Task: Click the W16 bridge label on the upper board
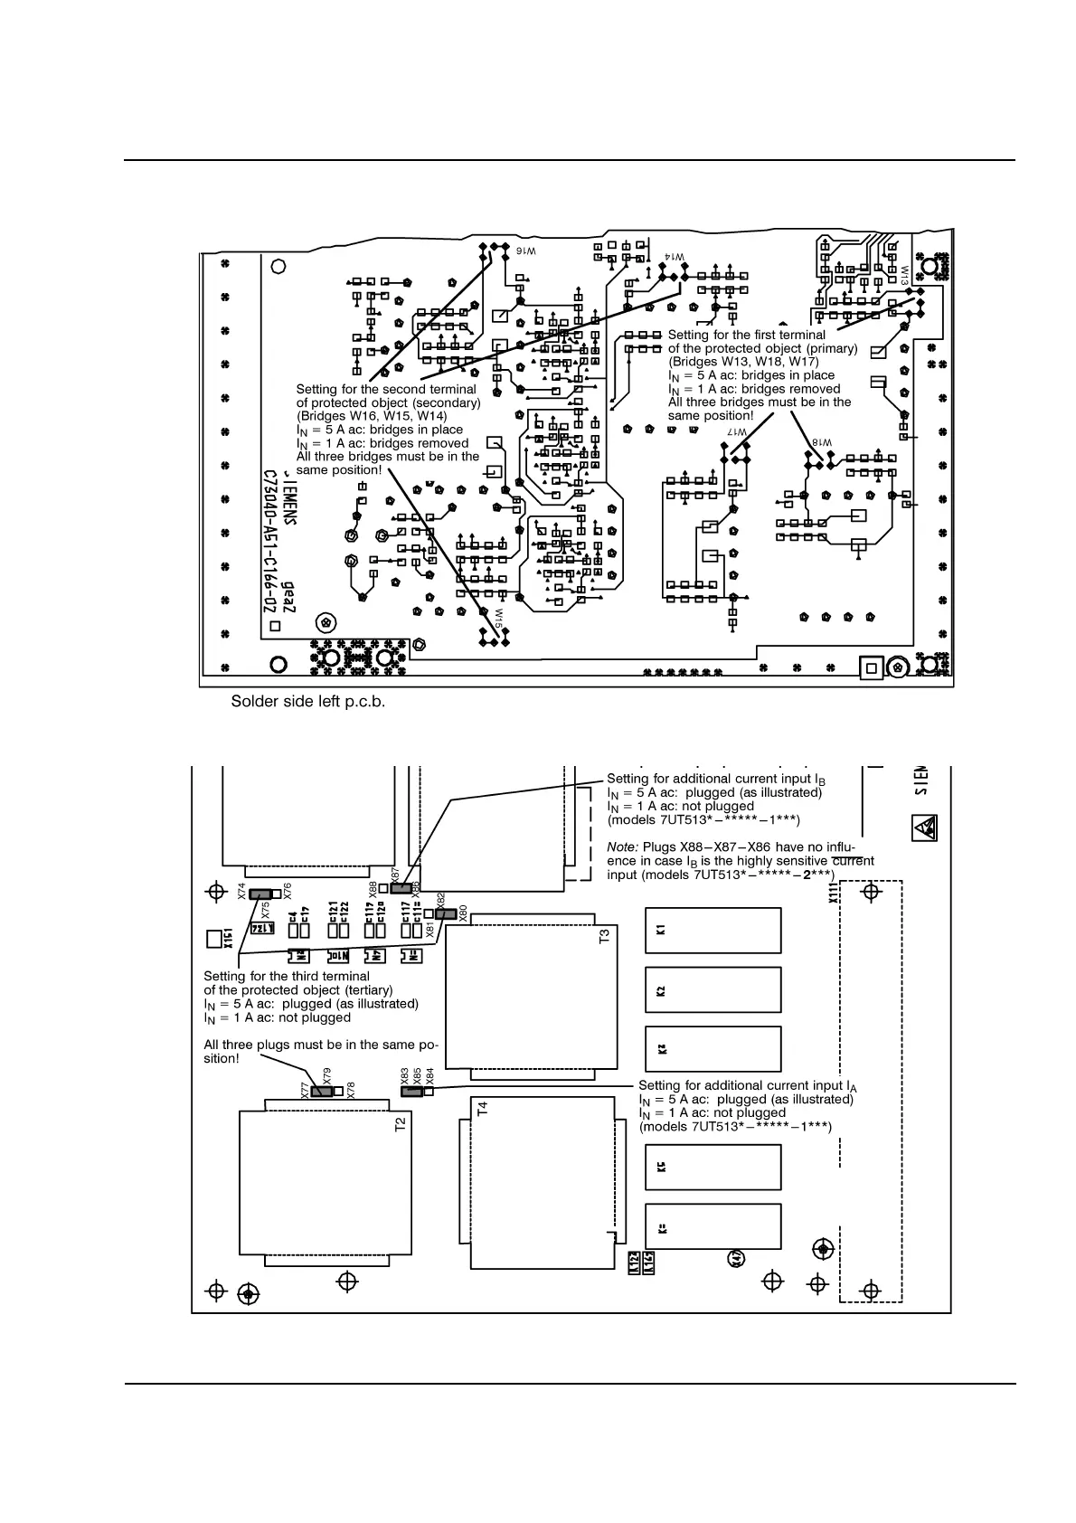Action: [x=526, y=251]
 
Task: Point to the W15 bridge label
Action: [x=498, y=619]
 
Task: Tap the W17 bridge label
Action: [x=738, y=433]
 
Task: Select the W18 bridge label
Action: [x=821, y=442]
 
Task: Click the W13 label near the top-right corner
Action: [x=903, y=275]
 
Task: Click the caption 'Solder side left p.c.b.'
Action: [x=308, y=701]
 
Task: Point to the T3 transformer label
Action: [x=605, y=937]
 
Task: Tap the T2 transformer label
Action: [x=401, y=1124]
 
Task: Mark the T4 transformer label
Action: [x=482, y=1108]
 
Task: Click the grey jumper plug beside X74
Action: [x=261, y=894]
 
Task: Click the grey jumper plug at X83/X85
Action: [x=412, y=1091]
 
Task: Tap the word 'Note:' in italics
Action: [x=623, y=847]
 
